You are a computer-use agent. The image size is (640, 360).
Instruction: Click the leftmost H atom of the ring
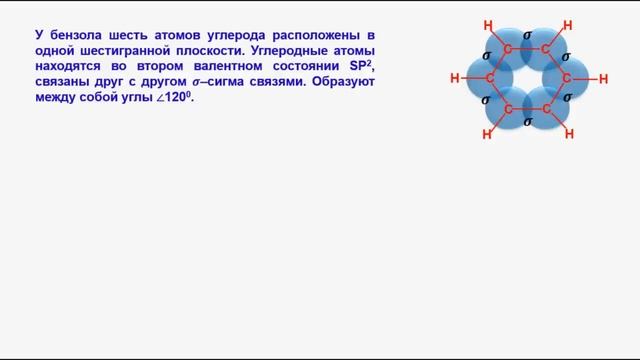click(454, 78)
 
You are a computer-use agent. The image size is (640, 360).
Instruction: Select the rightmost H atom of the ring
click(602, 78)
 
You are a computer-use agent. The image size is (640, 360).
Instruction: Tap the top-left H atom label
click(487, 26)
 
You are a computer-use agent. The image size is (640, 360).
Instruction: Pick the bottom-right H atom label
click(569, 133)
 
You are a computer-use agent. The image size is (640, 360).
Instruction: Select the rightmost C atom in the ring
click(568, 78)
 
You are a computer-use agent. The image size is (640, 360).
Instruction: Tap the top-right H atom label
click(568, 26)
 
